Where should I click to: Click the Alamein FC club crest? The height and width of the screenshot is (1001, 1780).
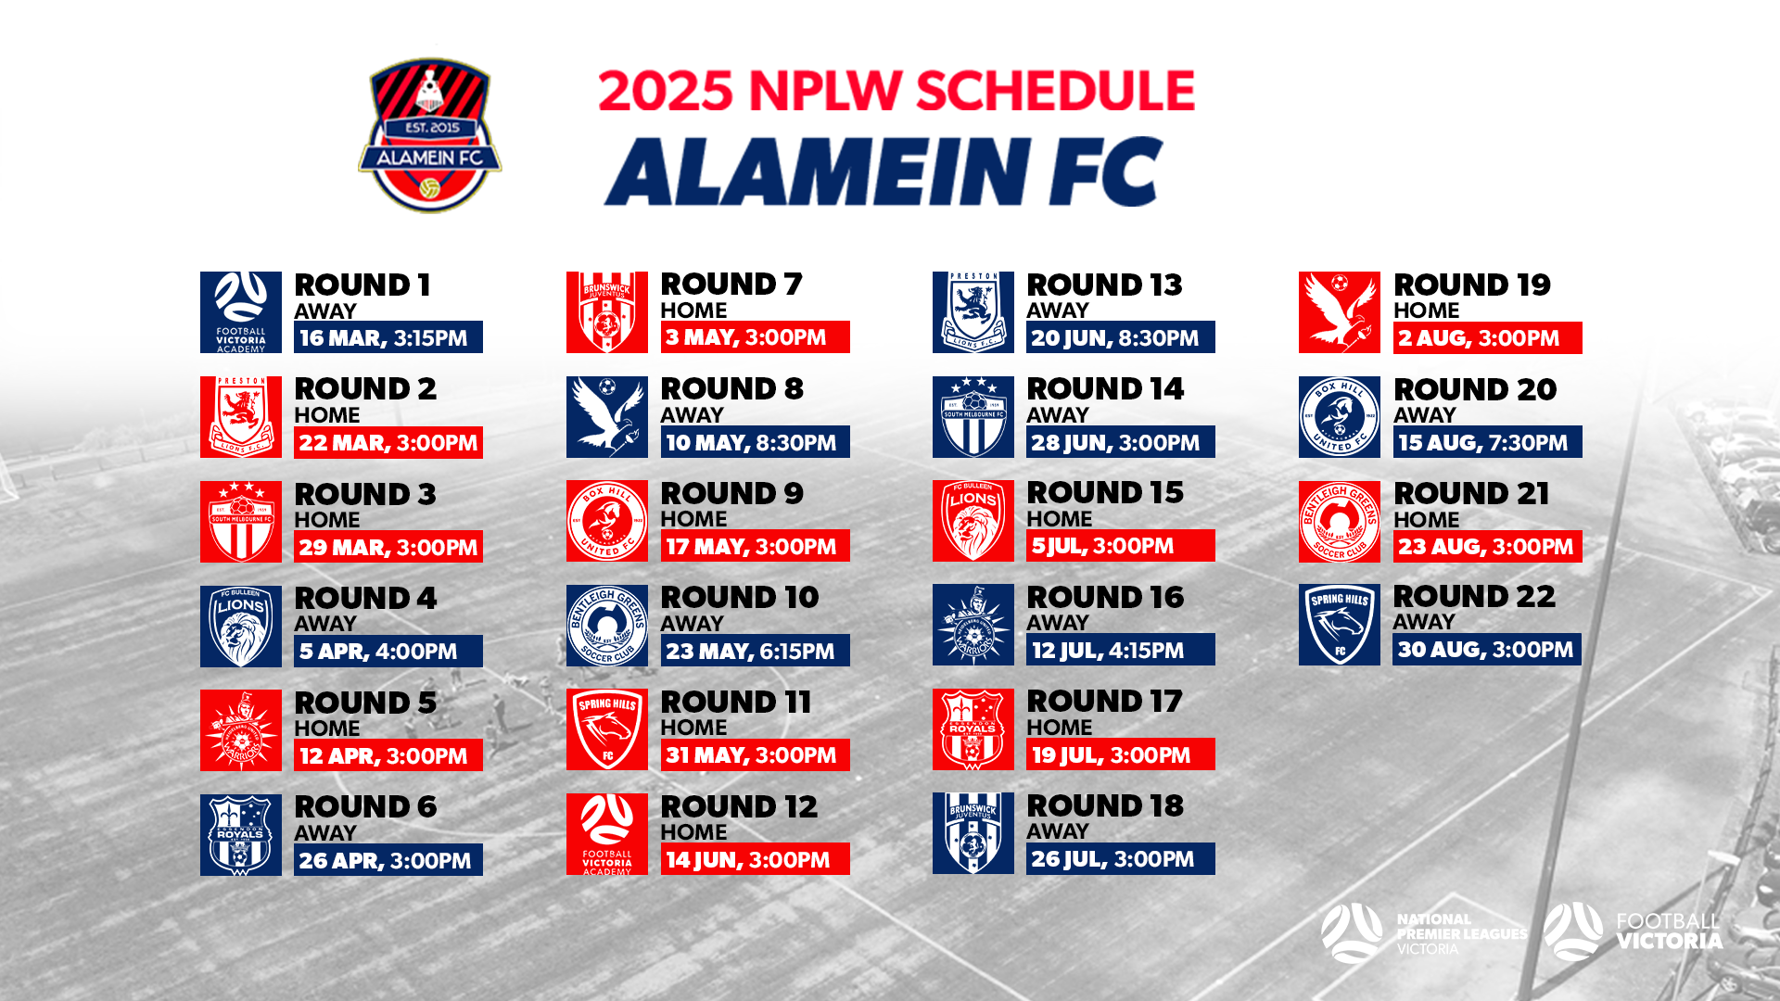coord(429,135)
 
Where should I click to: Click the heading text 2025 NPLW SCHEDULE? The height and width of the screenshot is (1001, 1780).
coord(896,91)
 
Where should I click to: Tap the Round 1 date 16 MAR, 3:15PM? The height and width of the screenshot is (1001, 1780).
coord(388,337)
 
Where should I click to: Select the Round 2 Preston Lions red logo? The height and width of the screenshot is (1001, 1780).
coord(241,417)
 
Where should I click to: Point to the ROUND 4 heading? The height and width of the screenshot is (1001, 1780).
coord(365,599)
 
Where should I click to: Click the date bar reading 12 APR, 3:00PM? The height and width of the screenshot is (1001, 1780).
coord(388,755)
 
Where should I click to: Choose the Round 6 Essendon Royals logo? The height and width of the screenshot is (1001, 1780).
coord(241,835)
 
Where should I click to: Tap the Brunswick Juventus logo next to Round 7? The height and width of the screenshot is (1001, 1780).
coord(607,312)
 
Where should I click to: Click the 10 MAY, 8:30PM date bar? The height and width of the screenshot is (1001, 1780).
coord(755,442)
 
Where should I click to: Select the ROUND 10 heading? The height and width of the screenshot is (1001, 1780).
coord(740,598)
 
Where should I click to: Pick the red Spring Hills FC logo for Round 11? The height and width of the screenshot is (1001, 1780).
coord(607,729)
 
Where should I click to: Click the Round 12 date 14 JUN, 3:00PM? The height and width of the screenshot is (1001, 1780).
coord(755,859)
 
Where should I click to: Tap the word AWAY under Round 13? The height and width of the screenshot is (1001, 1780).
coord(1058,310)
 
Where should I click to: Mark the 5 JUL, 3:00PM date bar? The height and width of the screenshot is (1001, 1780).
coord(1120,546)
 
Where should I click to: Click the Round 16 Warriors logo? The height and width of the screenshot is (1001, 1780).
coord(973,625)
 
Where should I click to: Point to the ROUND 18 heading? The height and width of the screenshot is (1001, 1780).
coord(1105,806)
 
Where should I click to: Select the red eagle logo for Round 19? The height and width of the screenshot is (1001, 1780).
coord(1340,312)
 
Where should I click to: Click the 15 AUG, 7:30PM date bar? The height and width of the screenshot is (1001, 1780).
coord(1487,442)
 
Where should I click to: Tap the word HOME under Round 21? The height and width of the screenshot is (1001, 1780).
coord(1426,520)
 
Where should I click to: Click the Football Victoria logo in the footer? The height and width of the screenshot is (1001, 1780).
coord(1634,932)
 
